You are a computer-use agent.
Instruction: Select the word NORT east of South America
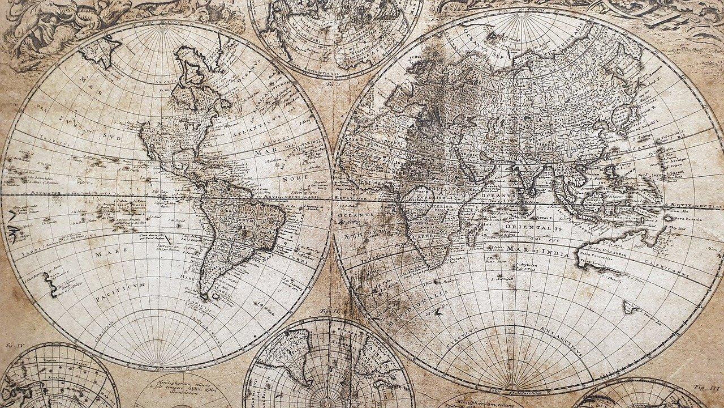click(x=296, y=177)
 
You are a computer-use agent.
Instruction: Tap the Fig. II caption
click(x=327, y=311)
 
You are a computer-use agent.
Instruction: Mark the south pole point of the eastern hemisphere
click(x=519, y=389)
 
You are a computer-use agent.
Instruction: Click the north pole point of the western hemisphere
click(x=164, y=24)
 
